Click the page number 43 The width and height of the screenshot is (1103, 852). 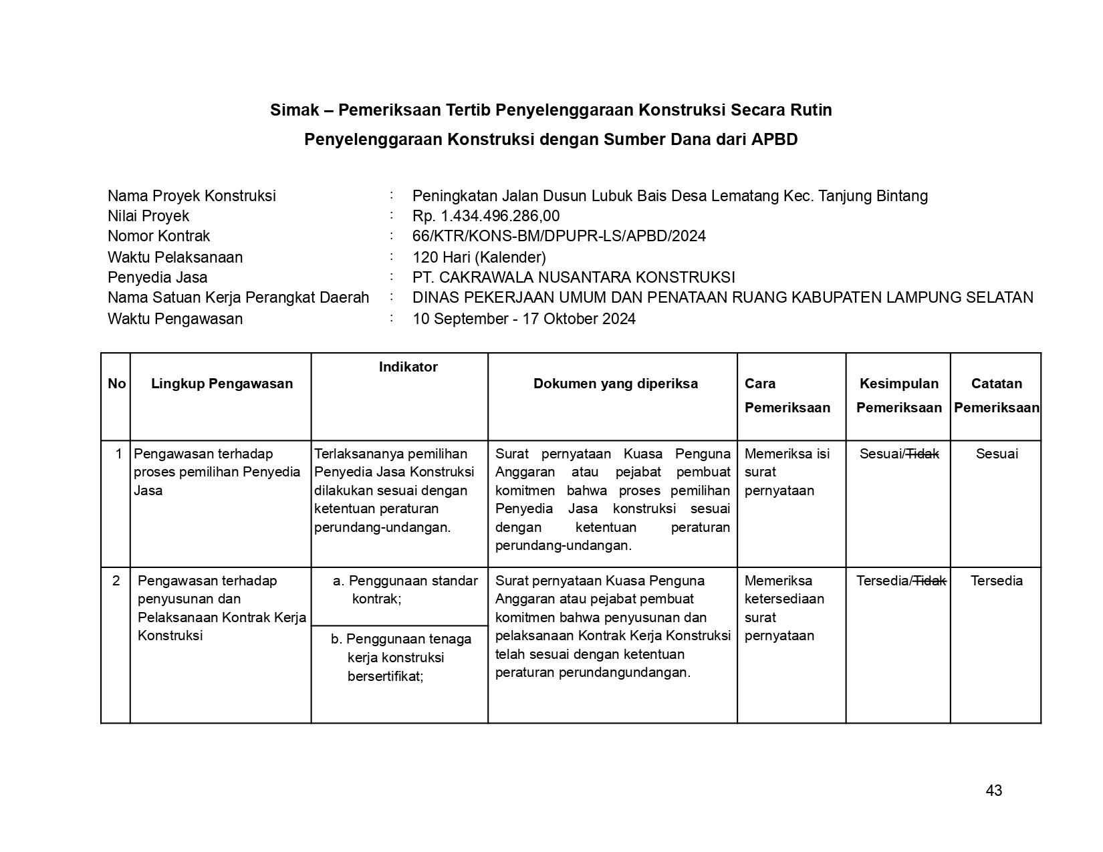click(x=993, y=791)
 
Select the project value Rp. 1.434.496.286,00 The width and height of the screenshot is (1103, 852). click(x=486, y=216)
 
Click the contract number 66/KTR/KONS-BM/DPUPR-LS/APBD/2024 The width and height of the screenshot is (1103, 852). click(x=559, y=236)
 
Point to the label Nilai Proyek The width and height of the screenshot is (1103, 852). click(x=148, y=216)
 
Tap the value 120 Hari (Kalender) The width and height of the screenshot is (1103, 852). click(x=479, y=257)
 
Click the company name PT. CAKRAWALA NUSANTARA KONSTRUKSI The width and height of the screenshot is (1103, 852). click(x=574, y=277)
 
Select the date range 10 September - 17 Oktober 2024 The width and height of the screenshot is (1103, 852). click(x=524, y=319)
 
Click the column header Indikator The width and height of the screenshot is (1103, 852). click(x=408, y=367)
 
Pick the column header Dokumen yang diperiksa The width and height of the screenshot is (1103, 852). click(x=615, y=384)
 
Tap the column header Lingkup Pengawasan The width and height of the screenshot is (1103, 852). click(x=222, y=384)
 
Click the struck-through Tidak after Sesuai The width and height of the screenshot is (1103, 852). click(x=923, y=454)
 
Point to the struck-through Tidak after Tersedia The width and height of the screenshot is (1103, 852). click(x=930, y=581)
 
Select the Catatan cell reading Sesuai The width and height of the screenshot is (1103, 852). click(x=997, y=454)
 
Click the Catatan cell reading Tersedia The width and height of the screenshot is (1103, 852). click(x=997, y=581)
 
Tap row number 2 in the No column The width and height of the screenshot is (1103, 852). click(x=116, y=581)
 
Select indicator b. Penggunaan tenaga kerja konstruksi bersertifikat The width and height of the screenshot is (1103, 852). click(x=400, y=658)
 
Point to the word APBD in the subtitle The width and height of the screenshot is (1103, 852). click(x=774, y=140)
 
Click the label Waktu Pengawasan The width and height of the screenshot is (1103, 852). click(x=175, y=319)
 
